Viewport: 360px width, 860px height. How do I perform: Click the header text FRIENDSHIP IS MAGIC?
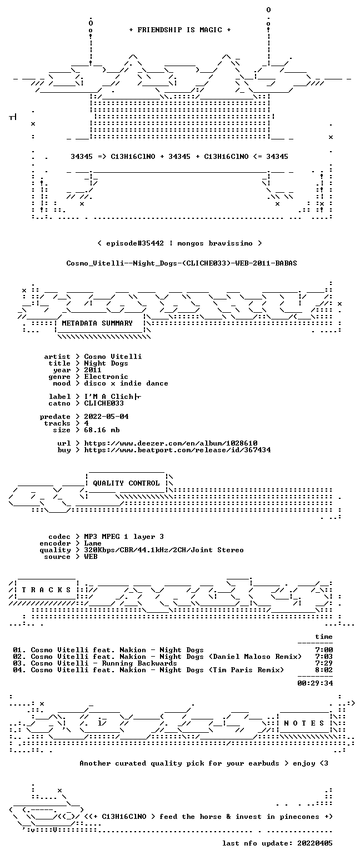180,30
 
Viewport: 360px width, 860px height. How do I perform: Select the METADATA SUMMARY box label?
97,323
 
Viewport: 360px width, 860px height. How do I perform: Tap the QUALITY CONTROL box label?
126,483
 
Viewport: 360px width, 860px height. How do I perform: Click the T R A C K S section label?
47,589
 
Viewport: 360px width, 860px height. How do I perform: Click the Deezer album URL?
171,443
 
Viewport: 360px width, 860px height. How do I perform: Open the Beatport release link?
177,450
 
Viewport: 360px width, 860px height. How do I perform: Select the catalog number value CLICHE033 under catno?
104,403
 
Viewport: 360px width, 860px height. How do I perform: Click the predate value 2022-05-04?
106,417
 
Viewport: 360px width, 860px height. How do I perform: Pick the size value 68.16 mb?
102,430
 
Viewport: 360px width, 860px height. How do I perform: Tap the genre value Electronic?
106,377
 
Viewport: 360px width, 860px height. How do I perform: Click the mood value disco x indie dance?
126,383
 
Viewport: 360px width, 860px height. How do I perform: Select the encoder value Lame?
93,543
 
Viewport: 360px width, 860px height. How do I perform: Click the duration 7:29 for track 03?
324,663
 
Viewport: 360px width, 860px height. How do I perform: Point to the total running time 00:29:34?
315,683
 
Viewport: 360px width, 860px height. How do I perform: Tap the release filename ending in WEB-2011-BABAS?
182,263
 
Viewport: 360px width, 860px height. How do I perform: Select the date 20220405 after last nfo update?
315,843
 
